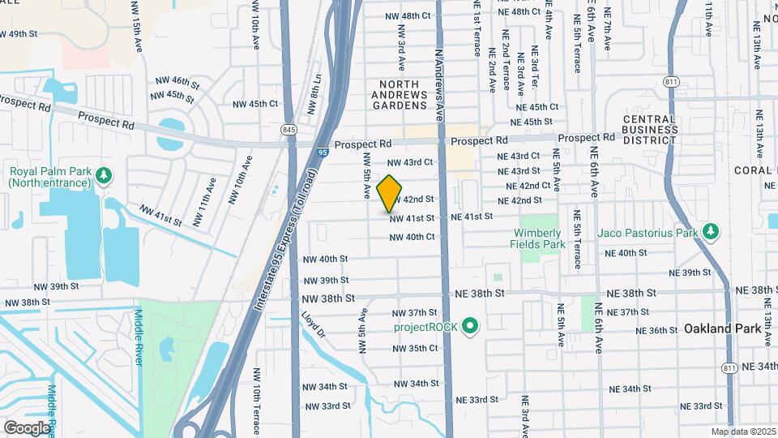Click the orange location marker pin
390,194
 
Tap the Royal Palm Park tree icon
103,174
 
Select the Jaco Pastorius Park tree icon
711,233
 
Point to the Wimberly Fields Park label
537,238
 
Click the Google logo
27,427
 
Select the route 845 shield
289,130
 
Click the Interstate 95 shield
323,152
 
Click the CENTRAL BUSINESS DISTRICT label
650,130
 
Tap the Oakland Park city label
721,329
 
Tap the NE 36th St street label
657,331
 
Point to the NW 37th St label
414,313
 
